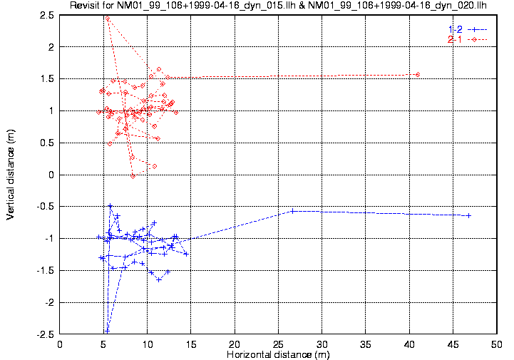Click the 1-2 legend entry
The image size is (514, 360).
455,29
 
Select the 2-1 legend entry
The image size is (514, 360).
455,39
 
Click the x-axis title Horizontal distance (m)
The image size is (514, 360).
278,354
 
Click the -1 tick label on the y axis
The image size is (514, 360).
50,238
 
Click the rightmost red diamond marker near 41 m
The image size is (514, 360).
418,74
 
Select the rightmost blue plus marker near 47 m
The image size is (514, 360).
468,215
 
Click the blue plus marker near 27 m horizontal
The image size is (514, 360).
293,211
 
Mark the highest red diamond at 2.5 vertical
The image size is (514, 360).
107,18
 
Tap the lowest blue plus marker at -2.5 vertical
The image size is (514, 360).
107,331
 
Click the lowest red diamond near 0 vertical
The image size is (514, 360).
133,176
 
